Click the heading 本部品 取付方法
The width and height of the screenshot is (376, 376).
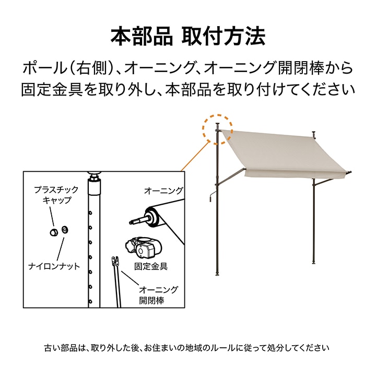pos(188,37)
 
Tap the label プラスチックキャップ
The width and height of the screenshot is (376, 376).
pos(56,195)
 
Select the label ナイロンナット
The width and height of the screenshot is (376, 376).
pos(54,266)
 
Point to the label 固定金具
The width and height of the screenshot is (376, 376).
pos(150,266)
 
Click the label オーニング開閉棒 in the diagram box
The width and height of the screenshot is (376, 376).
pos(159,295)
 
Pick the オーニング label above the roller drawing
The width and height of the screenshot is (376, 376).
pos(163,191)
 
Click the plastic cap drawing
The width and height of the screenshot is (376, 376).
pos(54,232)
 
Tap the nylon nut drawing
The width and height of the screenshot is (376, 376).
pos(65,230)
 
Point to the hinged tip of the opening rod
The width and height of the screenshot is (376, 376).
pos(115,262)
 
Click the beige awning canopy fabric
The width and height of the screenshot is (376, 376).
pos(283,154)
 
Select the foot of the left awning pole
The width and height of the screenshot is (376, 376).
pos(217,274)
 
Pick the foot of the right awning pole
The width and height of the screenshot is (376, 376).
pos(313,262)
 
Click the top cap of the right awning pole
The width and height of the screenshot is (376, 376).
pos(314,133)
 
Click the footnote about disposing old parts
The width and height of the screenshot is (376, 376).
pos(186,348)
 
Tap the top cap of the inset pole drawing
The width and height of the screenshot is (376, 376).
pos(95,173)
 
